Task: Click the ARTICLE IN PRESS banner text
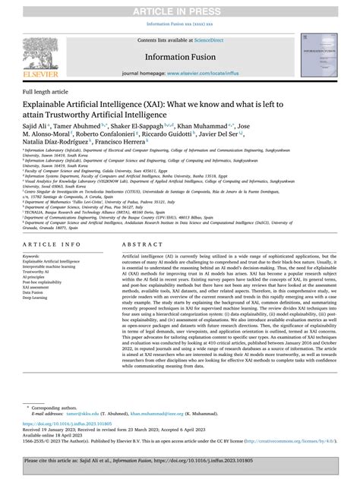[x=179, y=9]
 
